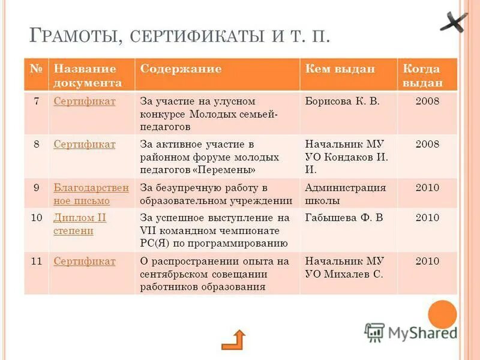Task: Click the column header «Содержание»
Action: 181,69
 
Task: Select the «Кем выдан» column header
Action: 340,69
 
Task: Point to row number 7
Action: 36,101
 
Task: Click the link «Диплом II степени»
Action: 80,224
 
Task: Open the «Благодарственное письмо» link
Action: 91,194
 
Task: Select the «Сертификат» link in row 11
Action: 85,261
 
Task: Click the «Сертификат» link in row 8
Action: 85,144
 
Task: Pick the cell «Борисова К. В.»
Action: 342,101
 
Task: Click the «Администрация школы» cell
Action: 345,194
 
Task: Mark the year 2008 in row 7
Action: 427,101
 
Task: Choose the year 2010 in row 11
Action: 427,261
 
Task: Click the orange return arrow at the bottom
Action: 233,340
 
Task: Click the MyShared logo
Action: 411,332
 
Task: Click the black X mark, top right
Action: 452,23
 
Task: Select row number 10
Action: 36,217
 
